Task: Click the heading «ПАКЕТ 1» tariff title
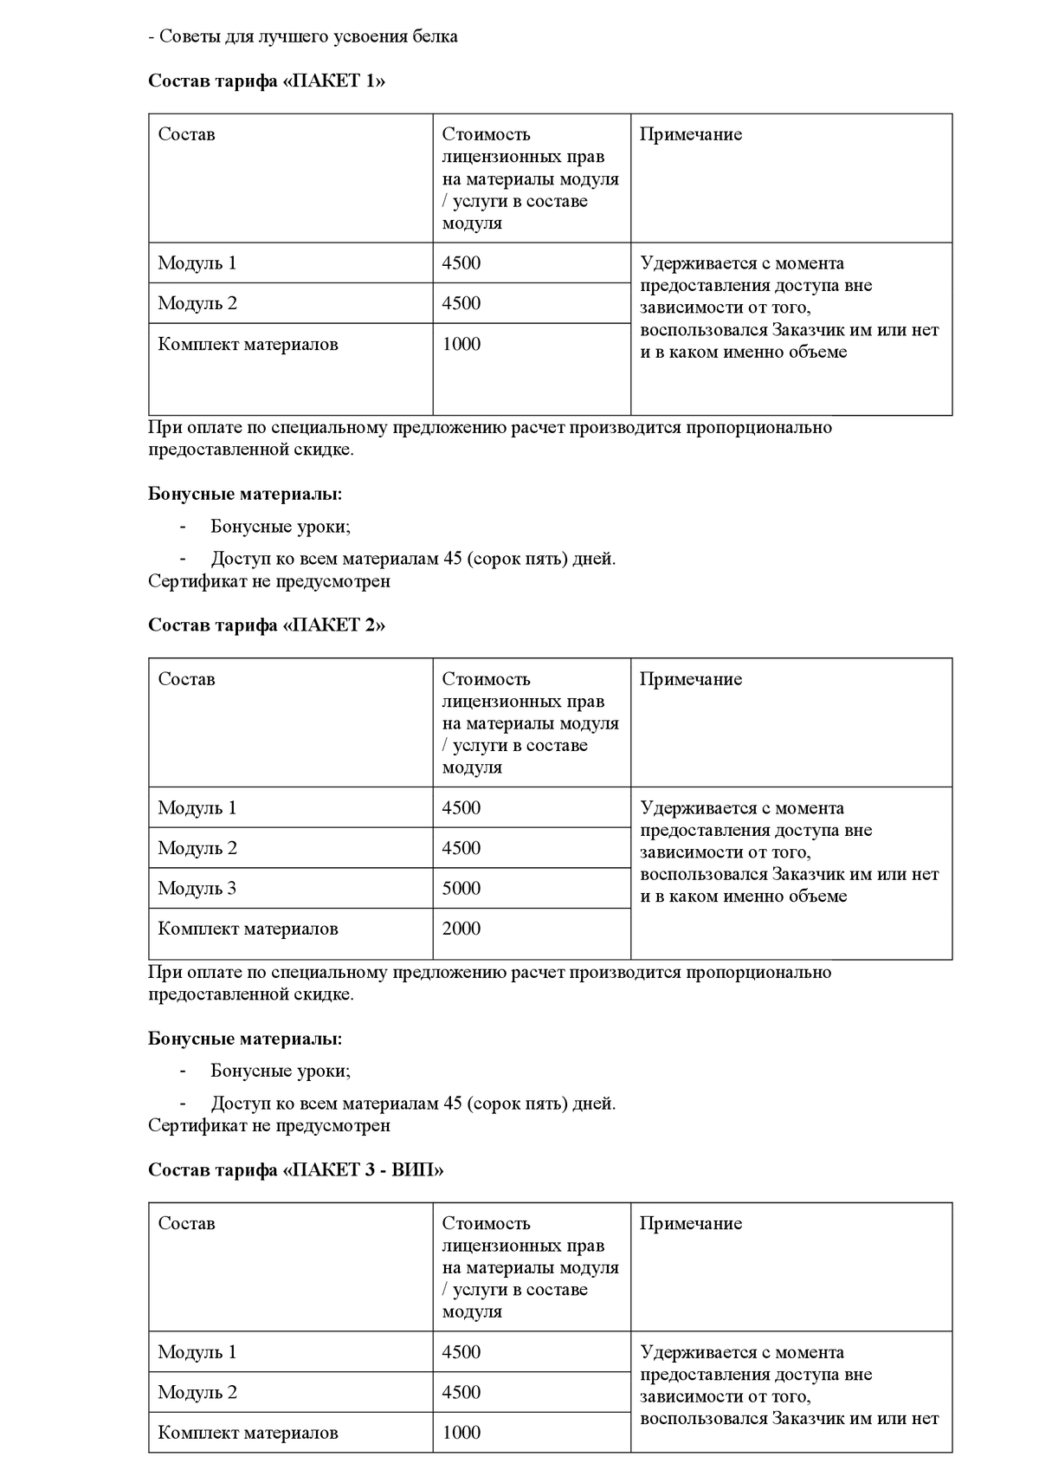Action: click(267, 81)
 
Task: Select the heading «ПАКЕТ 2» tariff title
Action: click(267, 625)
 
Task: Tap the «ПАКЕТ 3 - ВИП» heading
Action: click(296, 1170)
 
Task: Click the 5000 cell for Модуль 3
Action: click(461, 889)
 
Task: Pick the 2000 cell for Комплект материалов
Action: click(461, 929)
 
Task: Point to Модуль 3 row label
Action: click(197, 889)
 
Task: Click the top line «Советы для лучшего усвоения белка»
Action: click(303, 36)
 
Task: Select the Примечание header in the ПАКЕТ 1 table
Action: click(691, 134)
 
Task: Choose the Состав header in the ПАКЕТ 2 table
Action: click(186, 679)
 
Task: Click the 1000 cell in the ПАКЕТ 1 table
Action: click(461, 345)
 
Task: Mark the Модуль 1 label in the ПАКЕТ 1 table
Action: click(197, 263)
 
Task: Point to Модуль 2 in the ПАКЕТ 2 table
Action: click(197, 849)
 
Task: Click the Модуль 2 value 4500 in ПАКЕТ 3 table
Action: click(461, 1393)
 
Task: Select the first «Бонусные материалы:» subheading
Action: click(245, 495)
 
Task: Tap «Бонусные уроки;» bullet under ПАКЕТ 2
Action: click(281, 1072)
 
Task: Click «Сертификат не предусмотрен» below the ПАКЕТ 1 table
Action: click(269, 581)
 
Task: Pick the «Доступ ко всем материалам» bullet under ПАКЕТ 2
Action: click(413, 1104)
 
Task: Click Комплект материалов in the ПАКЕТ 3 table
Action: click(248, 1433)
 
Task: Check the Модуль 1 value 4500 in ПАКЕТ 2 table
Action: click(461, 808)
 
